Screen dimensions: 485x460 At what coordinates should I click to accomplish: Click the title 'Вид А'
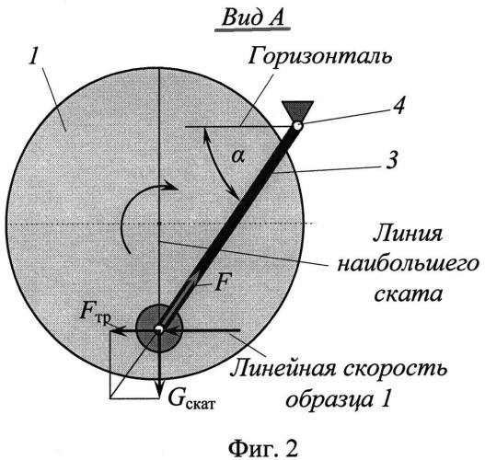pyautogui.click(x=252, y=17)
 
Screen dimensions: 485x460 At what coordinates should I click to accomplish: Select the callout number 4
pyautogui.click(x=398, y=106)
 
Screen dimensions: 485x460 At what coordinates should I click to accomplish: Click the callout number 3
pyautogui.click(x=392, y=160)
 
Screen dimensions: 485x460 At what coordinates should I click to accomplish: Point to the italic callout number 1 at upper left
pyautogui.click(x=33, y=55)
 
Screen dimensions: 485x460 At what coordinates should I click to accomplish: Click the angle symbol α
pyautogui.click(x=238, y=157)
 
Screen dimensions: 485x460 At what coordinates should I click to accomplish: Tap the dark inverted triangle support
pyautogui.click(x=298, y=110)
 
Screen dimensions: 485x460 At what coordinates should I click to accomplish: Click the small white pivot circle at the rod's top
pyautogui.click(x=298, y=126)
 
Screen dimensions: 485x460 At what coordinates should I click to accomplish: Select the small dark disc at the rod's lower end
pyautogui.click(x=159, y=328)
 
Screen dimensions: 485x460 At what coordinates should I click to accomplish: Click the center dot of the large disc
pyautogui.click(x=159, y=223)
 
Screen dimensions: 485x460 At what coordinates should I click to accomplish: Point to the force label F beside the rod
pyautogui.click(x=222, y=282)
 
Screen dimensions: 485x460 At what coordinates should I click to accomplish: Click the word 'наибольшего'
pyautogui.click(x=408, y=266)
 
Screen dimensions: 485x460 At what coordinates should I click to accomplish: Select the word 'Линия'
pyautogui.click(x=408, y=235)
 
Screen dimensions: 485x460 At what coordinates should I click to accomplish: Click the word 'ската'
pyautogui.click(x=408, y=295)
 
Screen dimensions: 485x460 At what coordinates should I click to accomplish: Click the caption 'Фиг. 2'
pyautogui.click(x=263, y=447)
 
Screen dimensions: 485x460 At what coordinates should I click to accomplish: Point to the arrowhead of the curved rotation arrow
pyautogui.click(x=172, y=186)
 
